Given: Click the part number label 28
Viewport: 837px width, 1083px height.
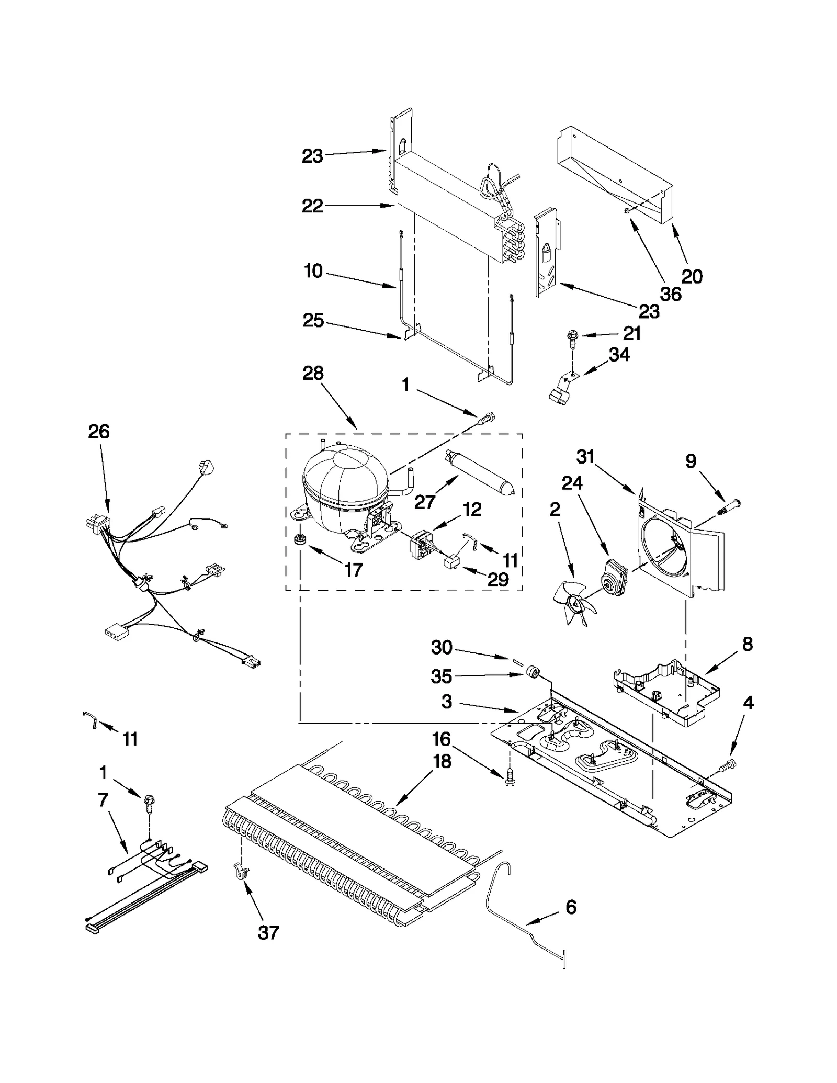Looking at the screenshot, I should pyautogui.click(x=313, y=373).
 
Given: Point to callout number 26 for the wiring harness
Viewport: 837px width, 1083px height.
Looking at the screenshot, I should pyautogui.click(x=99, y=432).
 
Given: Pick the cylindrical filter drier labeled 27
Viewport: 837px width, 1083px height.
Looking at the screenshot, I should pyautogui.click(x=479, y=472).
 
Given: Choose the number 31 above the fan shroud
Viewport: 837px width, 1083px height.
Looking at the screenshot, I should pyautogui.click(x=585, y=457).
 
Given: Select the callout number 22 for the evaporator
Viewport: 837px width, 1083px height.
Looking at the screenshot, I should pyautogui.click(x=312, y=206).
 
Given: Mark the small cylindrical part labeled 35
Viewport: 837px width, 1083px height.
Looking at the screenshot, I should pyautogui.click(x=533, y=671).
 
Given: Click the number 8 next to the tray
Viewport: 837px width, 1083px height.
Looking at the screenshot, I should pyautogui.click(x=748, y=644).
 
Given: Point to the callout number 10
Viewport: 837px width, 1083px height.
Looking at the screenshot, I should pyautogui.click(x=313, y=271).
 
